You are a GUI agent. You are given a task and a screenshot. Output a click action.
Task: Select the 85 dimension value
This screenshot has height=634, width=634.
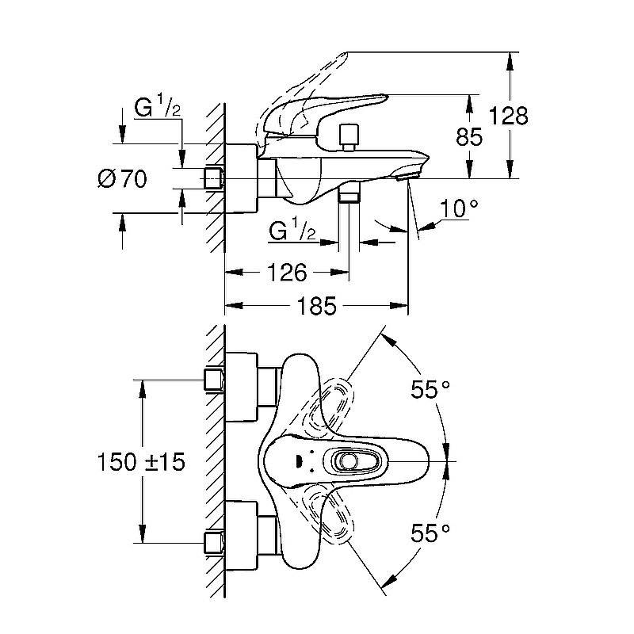[470, 137]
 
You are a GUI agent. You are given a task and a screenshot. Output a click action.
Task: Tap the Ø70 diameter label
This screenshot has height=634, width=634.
[123, 179]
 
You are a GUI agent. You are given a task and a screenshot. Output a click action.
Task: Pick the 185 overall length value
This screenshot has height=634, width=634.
[316, 305]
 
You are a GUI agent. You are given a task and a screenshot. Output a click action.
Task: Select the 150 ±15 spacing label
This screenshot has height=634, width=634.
[141, 461]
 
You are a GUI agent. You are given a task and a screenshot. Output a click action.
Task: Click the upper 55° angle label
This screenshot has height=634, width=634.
[430, 389]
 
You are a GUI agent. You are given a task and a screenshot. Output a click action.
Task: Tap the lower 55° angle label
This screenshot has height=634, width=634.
[430, 533]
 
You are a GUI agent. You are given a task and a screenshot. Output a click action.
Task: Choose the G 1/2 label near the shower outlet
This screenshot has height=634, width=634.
[293, 231]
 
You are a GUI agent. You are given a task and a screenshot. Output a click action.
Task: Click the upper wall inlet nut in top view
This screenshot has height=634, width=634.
[213, 379]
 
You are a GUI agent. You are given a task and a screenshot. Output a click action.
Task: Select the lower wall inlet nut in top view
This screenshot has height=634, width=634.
[213, 543]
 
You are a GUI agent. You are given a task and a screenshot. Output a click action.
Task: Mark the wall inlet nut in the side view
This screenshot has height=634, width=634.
[212, 178]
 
